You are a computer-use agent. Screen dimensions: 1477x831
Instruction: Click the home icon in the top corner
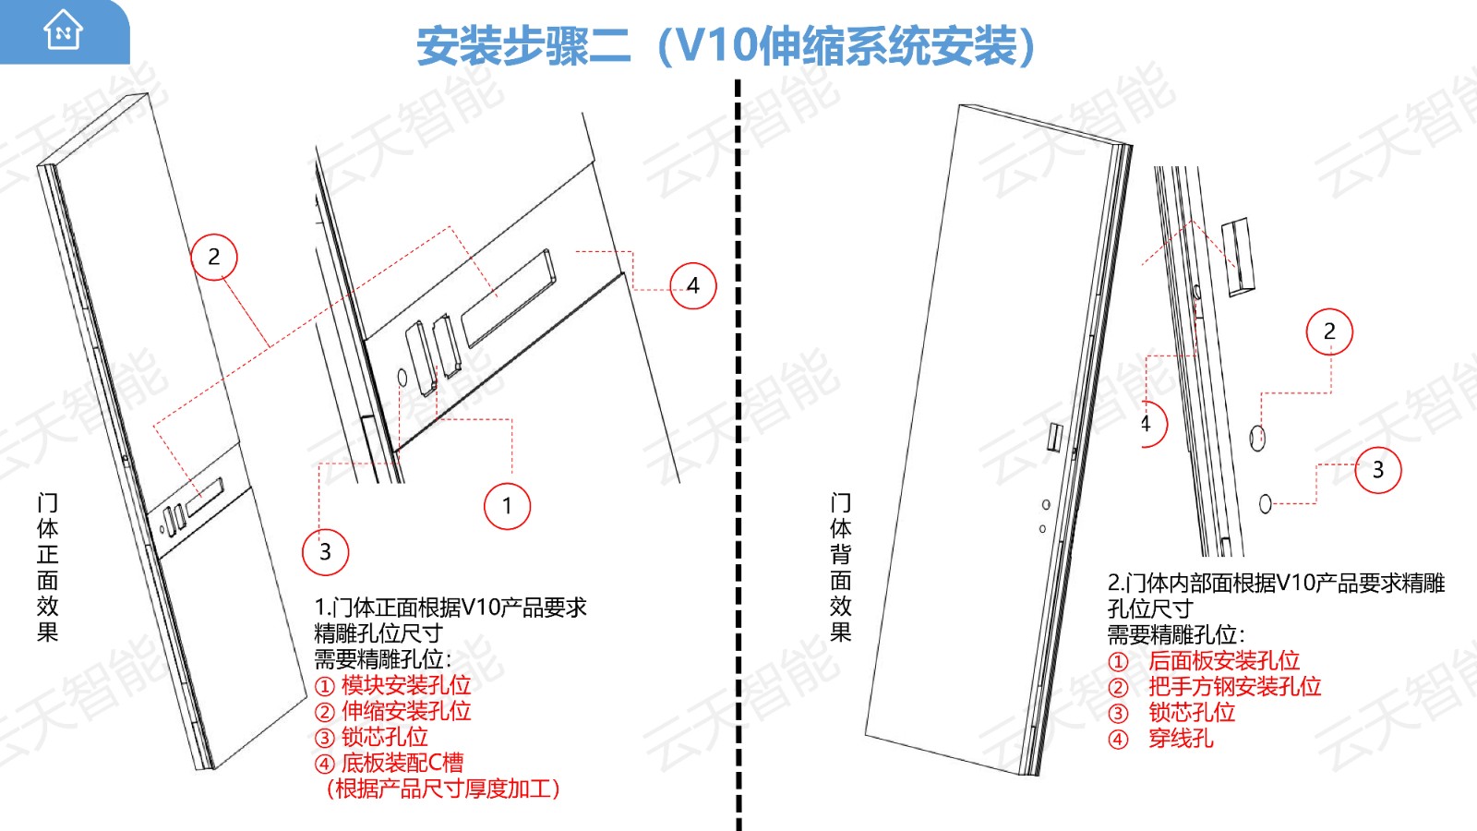click(x=63, y=30)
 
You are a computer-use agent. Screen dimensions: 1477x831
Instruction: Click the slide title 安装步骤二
click(x=523, y=46)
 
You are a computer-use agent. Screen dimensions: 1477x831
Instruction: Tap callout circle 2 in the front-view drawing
click(x=214, y=257)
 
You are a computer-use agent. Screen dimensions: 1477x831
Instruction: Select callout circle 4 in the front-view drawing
click(x=693, y=285)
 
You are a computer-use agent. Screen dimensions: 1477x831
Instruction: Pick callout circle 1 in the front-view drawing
click(x=507, y=506)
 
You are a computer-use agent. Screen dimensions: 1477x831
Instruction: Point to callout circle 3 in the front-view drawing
click(x=325, y=551)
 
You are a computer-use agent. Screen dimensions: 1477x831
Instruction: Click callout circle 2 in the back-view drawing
click(x=1329, y=331)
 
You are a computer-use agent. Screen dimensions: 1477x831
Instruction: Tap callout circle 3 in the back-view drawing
click(x=1378, y=470)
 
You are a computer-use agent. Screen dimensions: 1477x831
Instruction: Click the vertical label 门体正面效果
click(x=47, y=567)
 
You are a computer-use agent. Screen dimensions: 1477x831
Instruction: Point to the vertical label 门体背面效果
click(x=841, y=567)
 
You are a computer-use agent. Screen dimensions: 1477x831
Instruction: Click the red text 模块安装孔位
click(x=406, y=685)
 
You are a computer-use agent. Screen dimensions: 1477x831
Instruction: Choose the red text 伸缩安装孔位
click(x=406, y=711)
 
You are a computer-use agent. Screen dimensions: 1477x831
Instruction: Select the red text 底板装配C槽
click(x=402, y=763)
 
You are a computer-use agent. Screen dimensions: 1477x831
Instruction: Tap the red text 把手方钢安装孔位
click(x=1235, y=687)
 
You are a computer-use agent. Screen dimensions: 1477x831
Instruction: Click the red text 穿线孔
click(x=1181, y=738)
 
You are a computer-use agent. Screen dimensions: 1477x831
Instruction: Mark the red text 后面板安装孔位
click(x=1224, y=660)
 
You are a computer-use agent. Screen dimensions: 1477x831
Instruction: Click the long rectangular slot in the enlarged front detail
click(x=508, y=299)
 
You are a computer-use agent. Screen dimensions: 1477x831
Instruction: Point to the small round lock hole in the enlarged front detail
click(x=402, y=378)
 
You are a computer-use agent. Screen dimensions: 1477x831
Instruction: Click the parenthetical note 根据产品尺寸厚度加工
click(x=443, y=789)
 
